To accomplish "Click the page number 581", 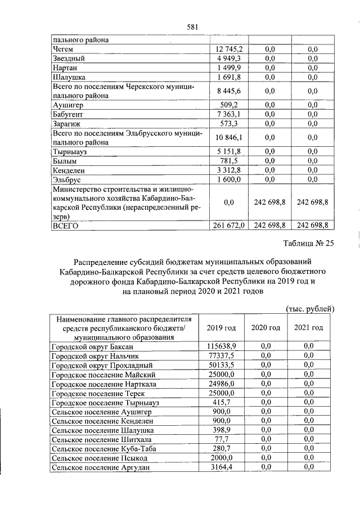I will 193,26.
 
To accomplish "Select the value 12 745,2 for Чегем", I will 229,49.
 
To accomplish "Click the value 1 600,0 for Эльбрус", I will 231,179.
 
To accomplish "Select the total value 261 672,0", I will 228,226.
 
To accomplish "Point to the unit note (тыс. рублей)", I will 310,308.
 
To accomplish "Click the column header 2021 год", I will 309,328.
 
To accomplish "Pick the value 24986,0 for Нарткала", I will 222,383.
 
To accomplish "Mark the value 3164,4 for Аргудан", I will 222,466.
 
